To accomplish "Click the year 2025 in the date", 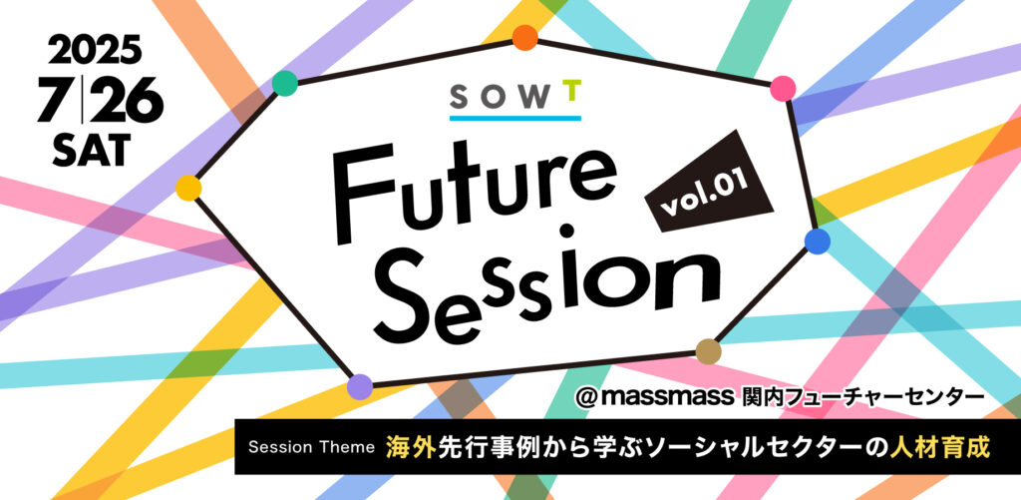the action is (x=95, y=50).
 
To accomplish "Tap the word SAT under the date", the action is (x=95, y=151).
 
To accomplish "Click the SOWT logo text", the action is (x=514, y=97).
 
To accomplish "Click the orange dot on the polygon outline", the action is (x=524, y=38).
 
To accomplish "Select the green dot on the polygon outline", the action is (x=284, y=84).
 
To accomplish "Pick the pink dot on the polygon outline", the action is (x=783, y=89).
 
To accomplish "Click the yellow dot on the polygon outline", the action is (x=188, y=188).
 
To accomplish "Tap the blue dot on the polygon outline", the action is (x=818, y=242).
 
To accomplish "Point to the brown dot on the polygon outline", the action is (x=709, y=351).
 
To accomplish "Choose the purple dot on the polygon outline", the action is (x=360, y=387).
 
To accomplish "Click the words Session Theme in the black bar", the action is (x=312, y=448).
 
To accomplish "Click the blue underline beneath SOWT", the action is (x=515, y=118).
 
